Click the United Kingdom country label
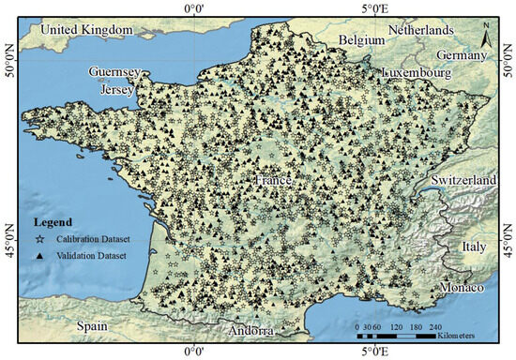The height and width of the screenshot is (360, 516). pyautogui.click(x=86, y=30)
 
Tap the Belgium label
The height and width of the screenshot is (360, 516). pyautogui.click(x=363, y=41)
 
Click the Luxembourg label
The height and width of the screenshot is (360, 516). pyautogui.click(x=418, y=72)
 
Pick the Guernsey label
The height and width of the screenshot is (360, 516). pyautogui.click(x=114, y=72)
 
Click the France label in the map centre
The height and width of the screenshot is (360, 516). pyautogui.click(x=274, y=180)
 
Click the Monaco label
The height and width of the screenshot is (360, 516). pyautogui.click(x=462, y=286)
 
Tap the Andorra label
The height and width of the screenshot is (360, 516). pyautogui.click(x=250, y=331)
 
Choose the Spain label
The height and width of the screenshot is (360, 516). pyautogui.click(x=94, y=327)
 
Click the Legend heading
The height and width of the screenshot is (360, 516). pyautogui.click(x=53, y=223)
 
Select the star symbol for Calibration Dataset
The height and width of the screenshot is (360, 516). pyautogui.click(x=40, y=240)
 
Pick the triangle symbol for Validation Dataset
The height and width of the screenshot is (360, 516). pyautogui.click(x=40, y=255)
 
